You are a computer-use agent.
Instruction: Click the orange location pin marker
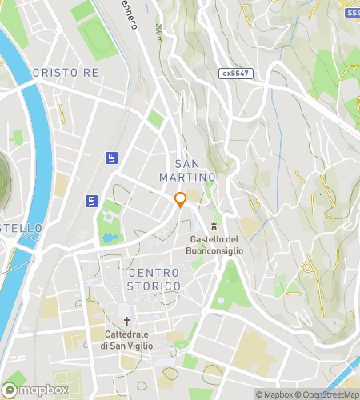pos(181,200)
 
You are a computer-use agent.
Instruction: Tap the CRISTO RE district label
pos(65,73)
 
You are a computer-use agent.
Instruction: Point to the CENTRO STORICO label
pos(154,279)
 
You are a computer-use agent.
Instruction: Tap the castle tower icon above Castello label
pos(214,226)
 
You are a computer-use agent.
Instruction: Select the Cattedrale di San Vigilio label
pos(126,339)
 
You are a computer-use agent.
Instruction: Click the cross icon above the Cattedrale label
pos(126,320)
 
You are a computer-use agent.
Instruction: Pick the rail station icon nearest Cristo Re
pos(110,158)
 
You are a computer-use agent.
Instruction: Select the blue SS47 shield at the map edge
pos(352,14)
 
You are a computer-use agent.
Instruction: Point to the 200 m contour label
pos(158,33)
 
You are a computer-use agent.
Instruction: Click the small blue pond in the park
pos(109,238)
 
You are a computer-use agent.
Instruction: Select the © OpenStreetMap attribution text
pos(329,394)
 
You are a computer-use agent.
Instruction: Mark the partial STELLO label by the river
pos(21,228)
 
